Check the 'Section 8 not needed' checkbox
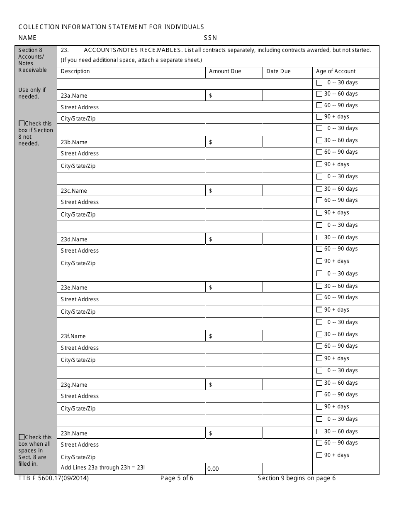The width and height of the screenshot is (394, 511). click(22, 123)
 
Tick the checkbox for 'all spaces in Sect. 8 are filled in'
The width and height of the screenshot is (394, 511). click(22, 437)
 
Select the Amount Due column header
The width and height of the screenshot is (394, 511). click(225, 71)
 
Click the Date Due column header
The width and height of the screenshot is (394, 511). click(278, 71)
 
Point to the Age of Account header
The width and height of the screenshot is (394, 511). click(336, 71)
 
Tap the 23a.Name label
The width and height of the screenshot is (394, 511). click(74, 96)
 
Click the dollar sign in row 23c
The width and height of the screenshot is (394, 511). click(211, 191)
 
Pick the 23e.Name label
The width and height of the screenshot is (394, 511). click(74, 287)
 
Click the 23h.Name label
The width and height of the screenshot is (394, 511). click(74, 433)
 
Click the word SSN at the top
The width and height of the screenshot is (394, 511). click(210, 38)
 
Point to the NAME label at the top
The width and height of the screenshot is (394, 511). click(27, 38)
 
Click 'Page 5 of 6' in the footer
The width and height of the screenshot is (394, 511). click(177, 478)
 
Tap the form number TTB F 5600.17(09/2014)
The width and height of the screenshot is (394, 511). click(54, 478)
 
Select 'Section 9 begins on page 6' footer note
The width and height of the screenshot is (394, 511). click(297, 478)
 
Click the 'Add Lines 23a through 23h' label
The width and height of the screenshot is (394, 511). click(103, 467)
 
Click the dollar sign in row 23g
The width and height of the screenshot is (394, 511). click(211, 385)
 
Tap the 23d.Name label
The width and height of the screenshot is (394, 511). click(74, 239)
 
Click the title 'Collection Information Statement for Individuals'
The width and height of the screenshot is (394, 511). click(111, 27)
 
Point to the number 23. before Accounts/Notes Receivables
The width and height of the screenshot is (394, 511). click(64, 50)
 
